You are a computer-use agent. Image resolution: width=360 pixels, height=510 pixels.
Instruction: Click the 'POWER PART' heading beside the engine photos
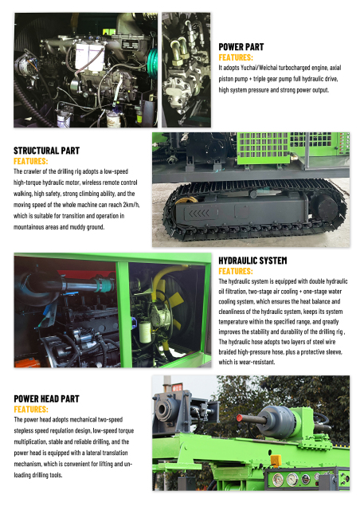(241, 47)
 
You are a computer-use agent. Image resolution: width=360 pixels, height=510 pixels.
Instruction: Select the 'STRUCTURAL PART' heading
(46, 150)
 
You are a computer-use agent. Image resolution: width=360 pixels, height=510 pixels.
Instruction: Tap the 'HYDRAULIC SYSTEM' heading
(252, 261)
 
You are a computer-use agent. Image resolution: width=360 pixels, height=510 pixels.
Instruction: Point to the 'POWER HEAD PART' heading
(46, 398)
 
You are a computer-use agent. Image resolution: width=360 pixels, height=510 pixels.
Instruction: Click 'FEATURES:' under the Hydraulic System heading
(236, 271)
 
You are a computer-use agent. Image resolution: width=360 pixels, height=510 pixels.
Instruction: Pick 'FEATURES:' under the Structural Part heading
(31, 160)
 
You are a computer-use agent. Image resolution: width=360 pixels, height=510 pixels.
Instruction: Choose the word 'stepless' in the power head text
(29, 430)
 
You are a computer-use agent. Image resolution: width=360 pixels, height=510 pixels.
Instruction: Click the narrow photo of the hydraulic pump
(186, 69)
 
